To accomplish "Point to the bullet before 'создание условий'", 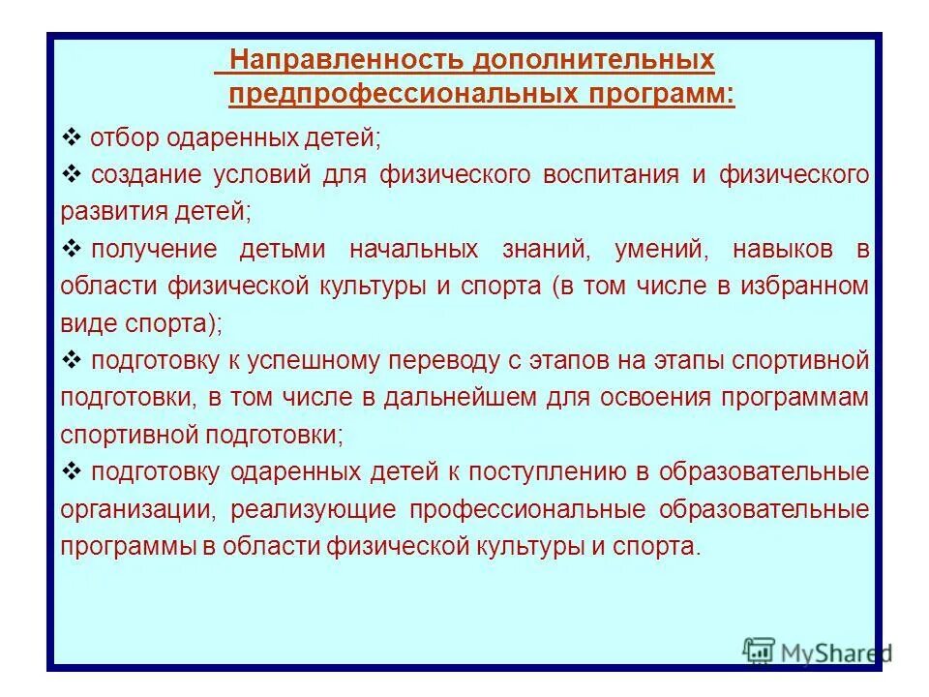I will [72, 175].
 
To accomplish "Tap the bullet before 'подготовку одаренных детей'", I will [72, 471].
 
